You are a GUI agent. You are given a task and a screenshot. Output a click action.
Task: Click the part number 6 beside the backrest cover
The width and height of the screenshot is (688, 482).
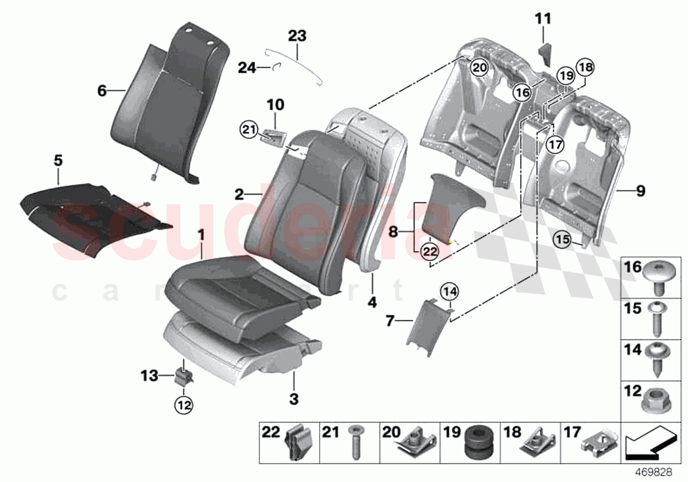102,91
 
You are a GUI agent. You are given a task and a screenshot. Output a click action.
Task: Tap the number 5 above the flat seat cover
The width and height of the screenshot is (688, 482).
58,159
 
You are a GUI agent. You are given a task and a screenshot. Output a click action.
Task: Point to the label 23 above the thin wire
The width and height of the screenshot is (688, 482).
297,35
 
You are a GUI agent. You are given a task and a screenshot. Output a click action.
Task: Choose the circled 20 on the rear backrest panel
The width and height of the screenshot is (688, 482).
479,67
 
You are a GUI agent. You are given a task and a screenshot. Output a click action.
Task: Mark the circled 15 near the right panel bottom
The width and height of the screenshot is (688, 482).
562,240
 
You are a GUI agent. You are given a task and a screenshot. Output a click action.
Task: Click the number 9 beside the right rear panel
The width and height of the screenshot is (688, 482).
640,191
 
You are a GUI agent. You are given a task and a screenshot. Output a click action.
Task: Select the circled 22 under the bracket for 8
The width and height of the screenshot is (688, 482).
429,250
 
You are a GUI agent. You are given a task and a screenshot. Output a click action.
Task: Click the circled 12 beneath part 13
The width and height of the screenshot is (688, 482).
183,406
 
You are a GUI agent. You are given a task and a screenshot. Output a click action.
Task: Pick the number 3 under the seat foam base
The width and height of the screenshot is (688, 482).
294,398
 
